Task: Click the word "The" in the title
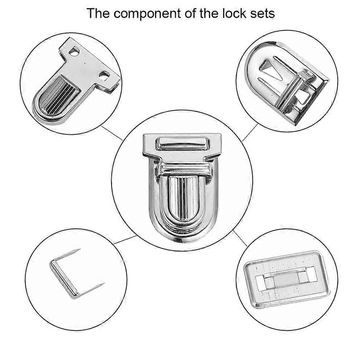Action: (98, 13)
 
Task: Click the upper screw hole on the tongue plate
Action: (75, 50)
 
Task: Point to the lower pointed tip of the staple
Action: (104, 284)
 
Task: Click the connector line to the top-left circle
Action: (112, 133)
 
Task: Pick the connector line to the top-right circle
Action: (250, 132)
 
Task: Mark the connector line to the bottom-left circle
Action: (125, 240)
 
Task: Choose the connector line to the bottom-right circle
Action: (240, 238)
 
